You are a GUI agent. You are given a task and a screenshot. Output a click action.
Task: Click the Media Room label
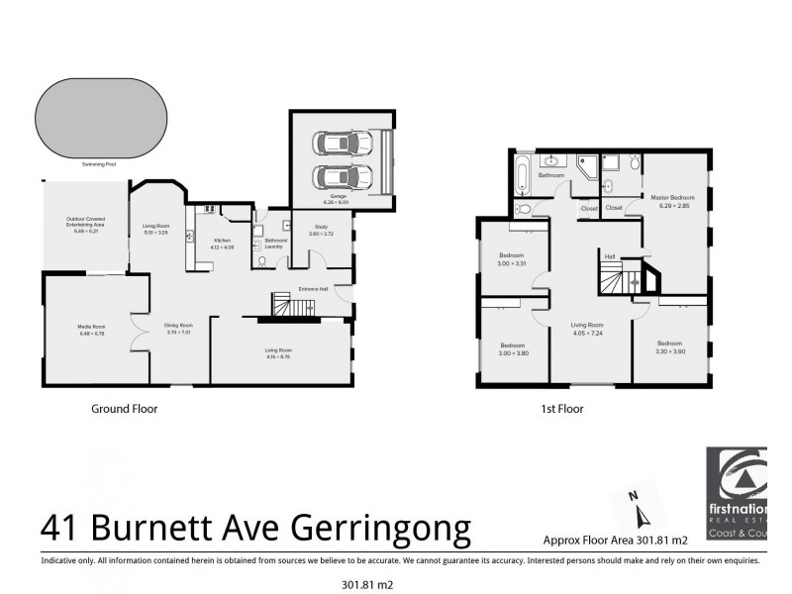coord(92,329)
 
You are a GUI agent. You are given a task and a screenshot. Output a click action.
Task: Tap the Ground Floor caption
coord(124,408)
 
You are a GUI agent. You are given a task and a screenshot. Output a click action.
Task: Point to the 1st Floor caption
coord(562,408)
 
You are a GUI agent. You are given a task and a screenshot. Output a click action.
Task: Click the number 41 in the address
coord(61,528)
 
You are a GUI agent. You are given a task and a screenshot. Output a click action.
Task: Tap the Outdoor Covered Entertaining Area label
coord(86,225)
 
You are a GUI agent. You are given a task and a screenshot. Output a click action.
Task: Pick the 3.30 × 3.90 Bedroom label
coord(669,347)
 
